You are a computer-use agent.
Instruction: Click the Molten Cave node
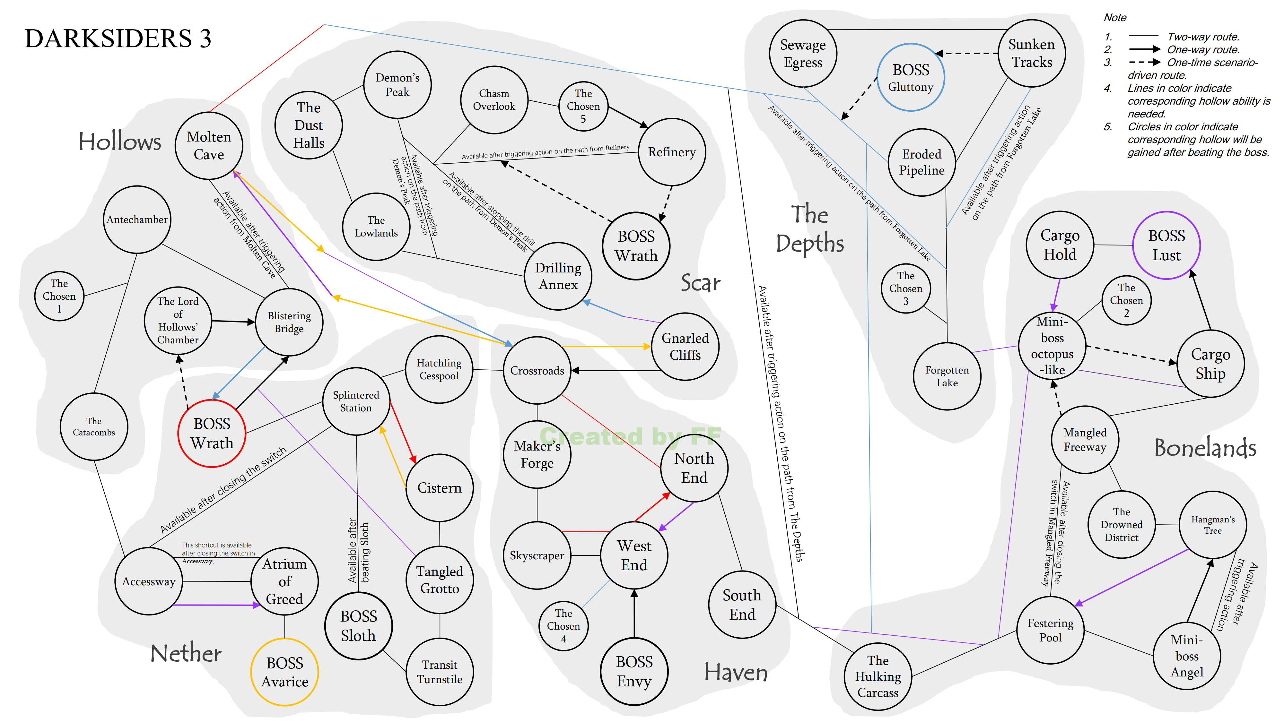click(209, 145)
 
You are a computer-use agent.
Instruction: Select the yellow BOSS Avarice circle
click(284, 672)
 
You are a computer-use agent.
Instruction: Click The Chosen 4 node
click(564, 626)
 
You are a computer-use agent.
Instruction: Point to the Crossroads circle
click(537, 370)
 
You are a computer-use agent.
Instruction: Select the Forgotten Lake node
click(947, 376)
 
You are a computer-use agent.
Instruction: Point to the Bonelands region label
click(1205, 447)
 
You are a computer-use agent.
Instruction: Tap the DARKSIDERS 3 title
click(118, 39)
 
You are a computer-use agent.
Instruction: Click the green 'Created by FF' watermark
click(631, 436)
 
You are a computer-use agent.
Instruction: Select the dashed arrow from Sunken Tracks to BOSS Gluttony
click(966, 53)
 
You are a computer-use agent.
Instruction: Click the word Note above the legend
click(1115, 17)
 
